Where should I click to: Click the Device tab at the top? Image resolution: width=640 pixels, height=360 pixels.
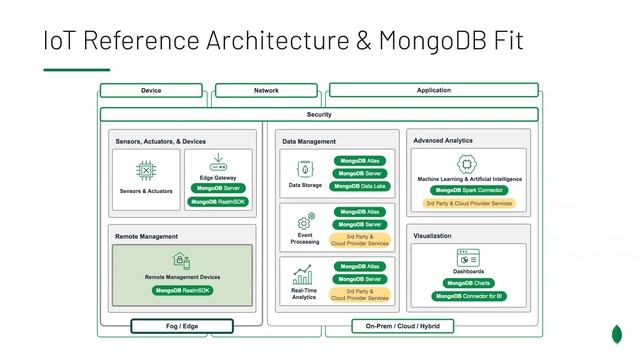click(151, 91)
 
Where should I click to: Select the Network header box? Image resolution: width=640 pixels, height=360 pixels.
click(266, 91)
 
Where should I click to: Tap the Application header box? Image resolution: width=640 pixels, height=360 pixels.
click(433, 91)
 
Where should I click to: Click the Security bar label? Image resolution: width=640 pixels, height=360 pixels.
click(319, 115)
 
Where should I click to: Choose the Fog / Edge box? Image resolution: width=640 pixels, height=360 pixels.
click(182, 326)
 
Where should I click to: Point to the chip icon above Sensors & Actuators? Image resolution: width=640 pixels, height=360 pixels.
click(145, 167)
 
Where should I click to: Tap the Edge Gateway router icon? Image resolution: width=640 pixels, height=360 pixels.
click(217, 163)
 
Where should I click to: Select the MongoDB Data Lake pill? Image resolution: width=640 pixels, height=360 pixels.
click(360, 186)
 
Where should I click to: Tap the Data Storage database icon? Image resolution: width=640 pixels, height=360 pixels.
click(304, 167)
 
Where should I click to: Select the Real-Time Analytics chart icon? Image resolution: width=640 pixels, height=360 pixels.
click(304, 272)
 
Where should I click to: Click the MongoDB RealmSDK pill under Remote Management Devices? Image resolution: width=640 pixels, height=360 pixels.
click(182, 290)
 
